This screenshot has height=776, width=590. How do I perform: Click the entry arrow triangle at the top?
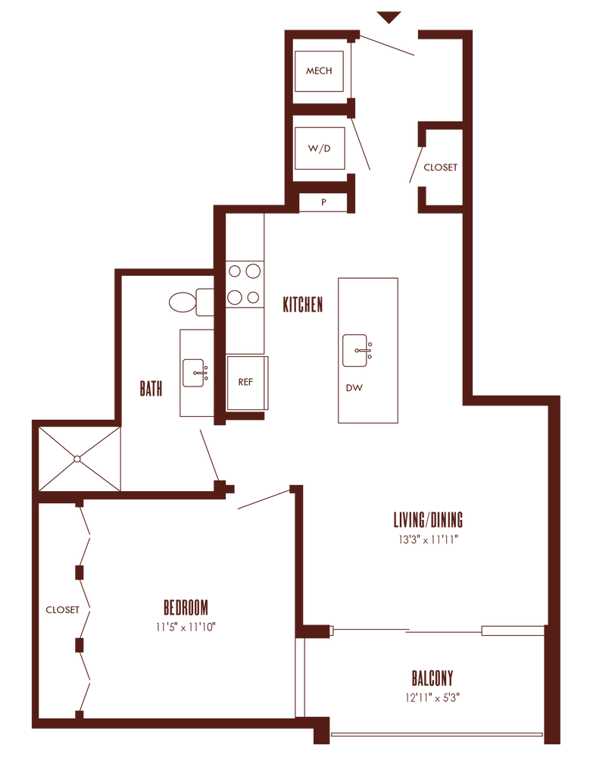[389, 17]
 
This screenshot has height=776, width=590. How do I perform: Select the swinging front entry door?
[386, 45]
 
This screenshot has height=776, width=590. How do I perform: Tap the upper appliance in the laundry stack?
[319, 71]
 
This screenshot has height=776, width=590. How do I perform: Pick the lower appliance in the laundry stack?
[319, 148]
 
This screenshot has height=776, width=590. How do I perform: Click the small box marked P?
[323, 202]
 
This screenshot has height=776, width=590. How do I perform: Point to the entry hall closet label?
[441, 167]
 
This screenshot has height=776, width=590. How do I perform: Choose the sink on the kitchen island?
[357, 349]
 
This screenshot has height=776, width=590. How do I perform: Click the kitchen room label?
[303, 305]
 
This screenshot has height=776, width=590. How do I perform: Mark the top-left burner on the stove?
[235, 271]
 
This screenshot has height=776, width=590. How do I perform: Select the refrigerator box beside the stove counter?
[247, 383]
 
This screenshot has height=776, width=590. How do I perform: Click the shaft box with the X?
[79, 458]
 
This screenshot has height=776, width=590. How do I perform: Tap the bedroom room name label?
[186, 607]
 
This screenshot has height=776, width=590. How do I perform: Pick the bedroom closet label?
[61, 610]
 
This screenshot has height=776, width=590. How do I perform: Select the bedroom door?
[263, 499]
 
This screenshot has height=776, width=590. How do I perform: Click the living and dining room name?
[428, 520]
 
